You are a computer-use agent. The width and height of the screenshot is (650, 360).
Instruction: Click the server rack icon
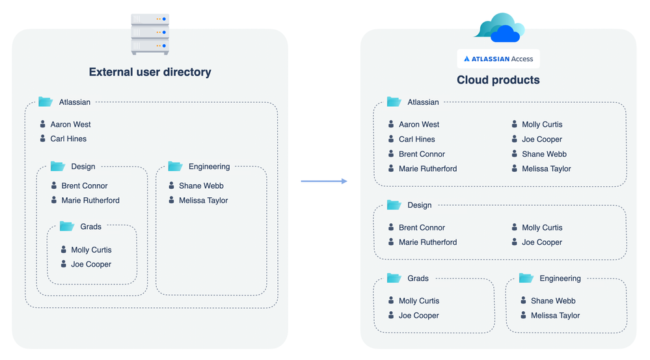tap(150, 34)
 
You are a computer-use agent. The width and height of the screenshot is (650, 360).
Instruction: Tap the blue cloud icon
tap(498, 28)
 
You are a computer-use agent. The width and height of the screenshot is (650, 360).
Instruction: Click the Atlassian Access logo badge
tap(498, 59)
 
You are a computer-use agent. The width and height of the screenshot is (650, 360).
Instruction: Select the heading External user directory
tap(150, 72)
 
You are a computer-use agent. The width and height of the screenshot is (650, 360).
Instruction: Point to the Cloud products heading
tap(498, 80)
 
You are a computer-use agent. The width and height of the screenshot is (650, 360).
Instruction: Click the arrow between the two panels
tap(324, 181)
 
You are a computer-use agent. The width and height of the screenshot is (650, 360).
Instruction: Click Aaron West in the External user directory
tap(70, 124)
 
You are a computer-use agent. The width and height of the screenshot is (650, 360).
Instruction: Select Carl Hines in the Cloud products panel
tap(416, 139)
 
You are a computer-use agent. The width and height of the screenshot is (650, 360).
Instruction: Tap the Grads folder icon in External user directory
tap(67, 227)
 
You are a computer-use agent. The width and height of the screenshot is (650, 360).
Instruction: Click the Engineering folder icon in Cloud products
tap(526, 278)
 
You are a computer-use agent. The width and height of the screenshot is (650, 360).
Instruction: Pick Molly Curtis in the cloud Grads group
tap(419, 301)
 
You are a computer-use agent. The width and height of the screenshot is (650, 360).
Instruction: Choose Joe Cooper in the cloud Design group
tap(541, 242)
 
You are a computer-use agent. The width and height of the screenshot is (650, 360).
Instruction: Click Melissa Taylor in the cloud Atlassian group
tap(546, 169)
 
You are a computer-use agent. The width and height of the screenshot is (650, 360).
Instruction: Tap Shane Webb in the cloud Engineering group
tap(553, 301)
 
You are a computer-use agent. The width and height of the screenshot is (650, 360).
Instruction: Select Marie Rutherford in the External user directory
tap(90, 201)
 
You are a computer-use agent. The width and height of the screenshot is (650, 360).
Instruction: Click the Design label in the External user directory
tap(83, 167)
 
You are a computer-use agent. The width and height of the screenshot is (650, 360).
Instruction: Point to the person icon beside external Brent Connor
tap(54, 186)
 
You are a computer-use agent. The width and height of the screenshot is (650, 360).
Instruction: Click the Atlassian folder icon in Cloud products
tap(394, 102)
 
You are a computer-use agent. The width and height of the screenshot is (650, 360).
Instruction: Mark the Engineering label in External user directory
tap(209, 167)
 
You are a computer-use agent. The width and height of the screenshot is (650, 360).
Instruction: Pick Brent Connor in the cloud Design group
tap(422, 228)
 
